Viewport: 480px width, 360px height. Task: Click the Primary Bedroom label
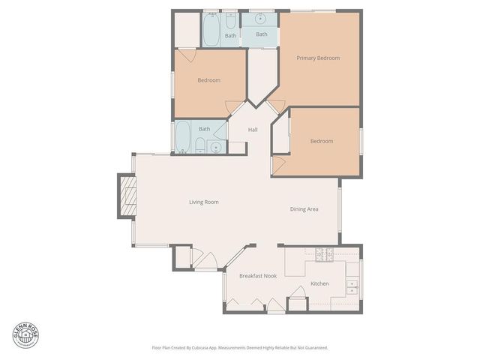(318, 58)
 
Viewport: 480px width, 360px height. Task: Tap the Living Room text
(203, 202)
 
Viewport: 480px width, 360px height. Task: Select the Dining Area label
(304, 209)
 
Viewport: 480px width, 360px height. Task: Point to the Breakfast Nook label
(258, 276)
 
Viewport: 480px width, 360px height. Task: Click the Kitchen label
(319, 283)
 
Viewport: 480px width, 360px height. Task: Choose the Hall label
(253, 130)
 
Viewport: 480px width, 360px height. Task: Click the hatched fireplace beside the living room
(126, 196)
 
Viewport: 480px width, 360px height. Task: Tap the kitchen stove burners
(324, 255)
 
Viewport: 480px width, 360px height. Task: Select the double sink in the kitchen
(352, 286)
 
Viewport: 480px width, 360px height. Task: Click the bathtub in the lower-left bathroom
(183, 137)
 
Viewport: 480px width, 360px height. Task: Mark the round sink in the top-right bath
(262, 17)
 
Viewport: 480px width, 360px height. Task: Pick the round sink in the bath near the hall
(216, 146)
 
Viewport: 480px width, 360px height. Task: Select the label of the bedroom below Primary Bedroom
(321, 141)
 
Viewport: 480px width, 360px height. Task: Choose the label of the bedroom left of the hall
(208, 80)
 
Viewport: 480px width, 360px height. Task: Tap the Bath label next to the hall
(204, 129)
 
